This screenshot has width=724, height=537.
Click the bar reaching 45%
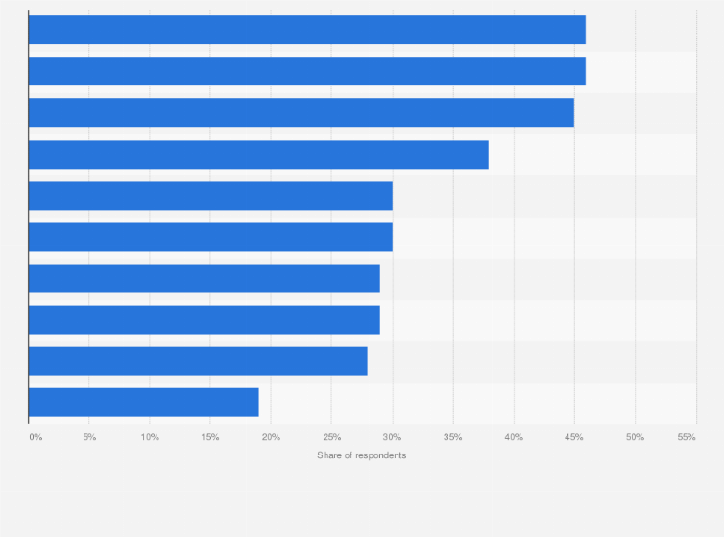point(301,112)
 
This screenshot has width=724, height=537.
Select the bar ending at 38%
point(258,154)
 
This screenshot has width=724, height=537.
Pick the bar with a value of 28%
point(198,361)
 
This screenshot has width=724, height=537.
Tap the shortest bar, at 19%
point(143,402)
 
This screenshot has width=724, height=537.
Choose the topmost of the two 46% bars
point(306,30)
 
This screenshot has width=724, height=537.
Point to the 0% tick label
point(36,437)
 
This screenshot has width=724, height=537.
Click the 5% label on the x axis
point(89,437)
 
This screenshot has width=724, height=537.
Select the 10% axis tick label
point(150,437)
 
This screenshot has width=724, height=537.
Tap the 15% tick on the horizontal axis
point(210,437)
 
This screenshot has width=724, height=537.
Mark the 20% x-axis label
point(271,437)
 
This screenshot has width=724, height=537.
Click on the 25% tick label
point(331,437)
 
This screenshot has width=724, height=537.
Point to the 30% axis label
point(392,437)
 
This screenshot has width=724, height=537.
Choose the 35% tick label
point(452,437)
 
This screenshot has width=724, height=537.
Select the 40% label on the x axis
point(514,437)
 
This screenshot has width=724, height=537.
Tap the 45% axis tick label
point(574,437)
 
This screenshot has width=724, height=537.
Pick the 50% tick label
point(635,437)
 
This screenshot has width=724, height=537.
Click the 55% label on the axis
point(686,437)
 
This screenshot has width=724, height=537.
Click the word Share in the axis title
point(329,455)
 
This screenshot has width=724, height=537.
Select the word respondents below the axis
point(380,455)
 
